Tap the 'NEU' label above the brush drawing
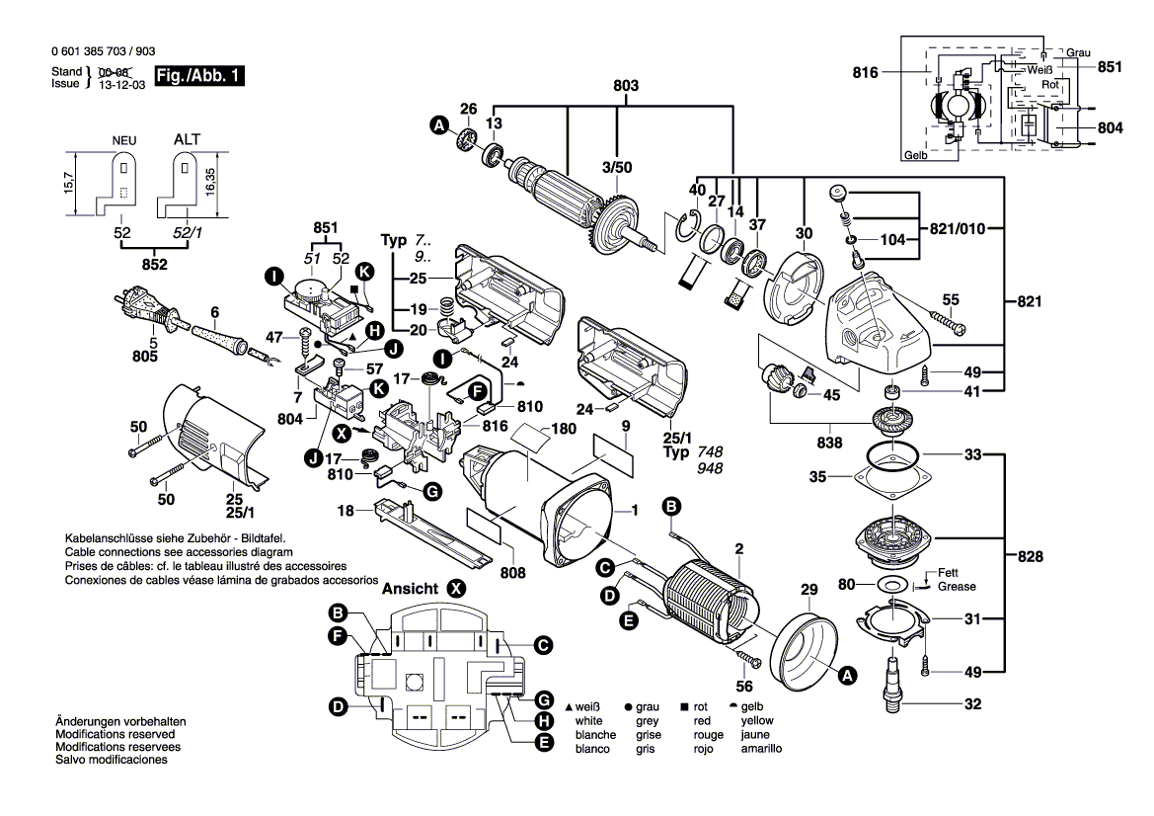[122, 141]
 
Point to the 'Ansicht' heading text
[410, 588]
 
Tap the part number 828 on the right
[1030, 557]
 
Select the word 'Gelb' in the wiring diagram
[915, 156]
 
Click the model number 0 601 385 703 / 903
[101, 52]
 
